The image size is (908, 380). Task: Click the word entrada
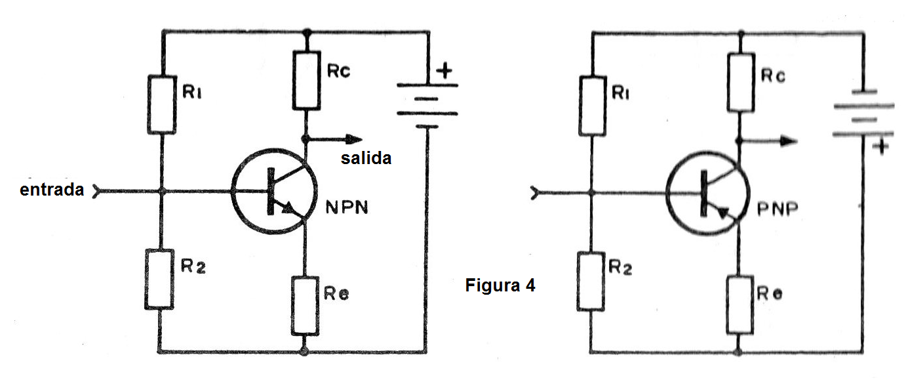coord(52,190)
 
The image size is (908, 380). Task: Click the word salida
coord(366,158)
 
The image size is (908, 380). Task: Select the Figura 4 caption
coord(500,285)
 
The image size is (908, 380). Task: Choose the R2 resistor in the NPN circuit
coord(160,280)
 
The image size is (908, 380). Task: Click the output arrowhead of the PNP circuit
coord(789,140)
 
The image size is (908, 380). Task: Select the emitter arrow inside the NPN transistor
coord(286,207)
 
